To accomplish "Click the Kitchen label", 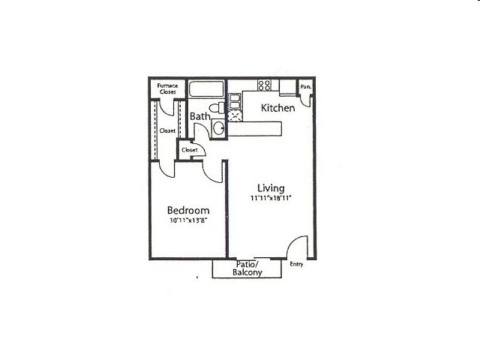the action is click(x=278, y=108).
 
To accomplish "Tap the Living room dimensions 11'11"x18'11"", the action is click(x=271, y=198).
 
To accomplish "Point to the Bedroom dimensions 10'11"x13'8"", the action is click(x=188, y=220).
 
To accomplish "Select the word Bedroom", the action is click(x=188, y=210).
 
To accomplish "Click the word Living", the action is click(x=271, y=188).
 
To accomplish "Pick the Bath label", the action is click(x=200, y=116).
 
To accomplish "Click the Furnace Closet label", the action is click(x=167, y=88).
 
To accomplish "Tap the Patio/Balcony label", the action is click(x=247, y=268).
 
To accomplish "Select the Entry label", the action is click(x=296, y=264).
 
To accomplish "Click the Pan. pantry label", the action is click(x=305, y=87).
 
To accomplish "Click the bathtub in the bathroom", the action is click(x=206, y=88).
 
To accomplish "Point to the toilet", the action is click(x=217, y=108).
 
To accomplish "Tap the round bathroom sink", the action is click(x=219, y=128).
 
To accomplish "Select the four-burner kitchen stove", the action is click(x=264, y=85).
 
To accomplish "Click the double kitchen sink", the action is click(x=235, y=102).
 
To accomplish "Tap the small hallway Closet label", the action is click(x=190, y=150).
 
